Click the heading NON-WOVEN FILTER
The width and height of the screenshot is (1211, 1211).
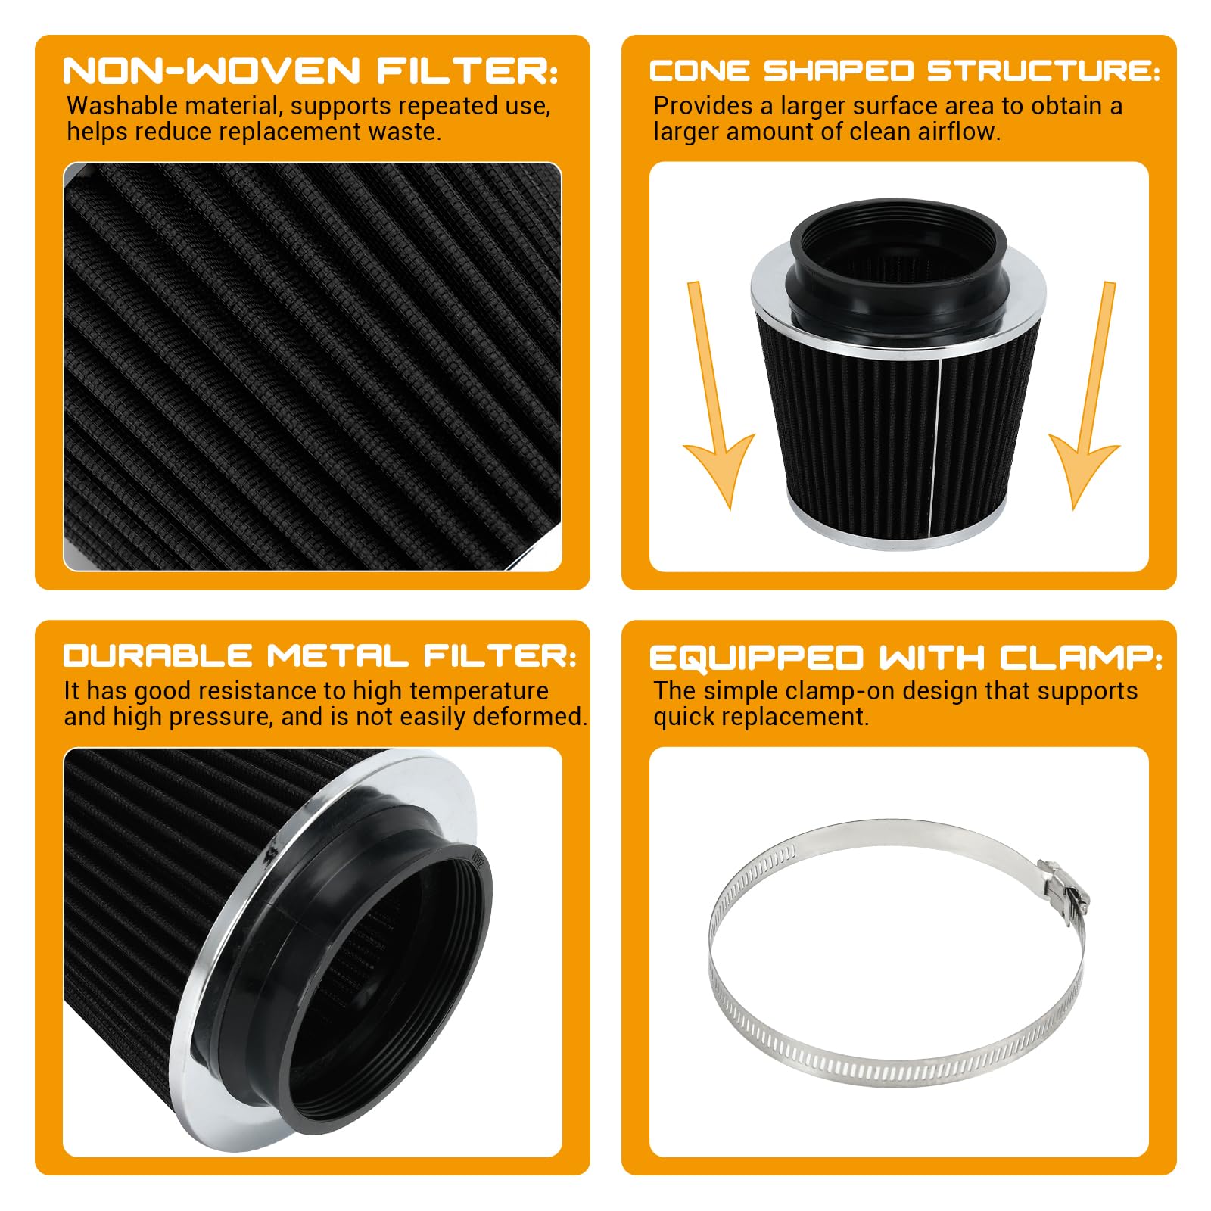(310, 71)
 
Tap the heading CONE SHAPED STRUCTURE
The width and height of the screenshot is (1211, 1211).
(904, 71)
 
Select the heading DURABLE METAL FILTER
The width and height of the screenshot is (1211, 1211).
(319, 655)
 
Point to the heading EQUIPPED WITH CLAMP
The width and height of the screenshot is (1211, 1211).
(905, 658)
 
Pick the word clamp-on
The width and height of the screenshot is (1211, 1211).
(836, 691)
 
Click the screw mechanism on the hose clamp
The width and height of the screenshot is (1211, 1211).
(1063, 888)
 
